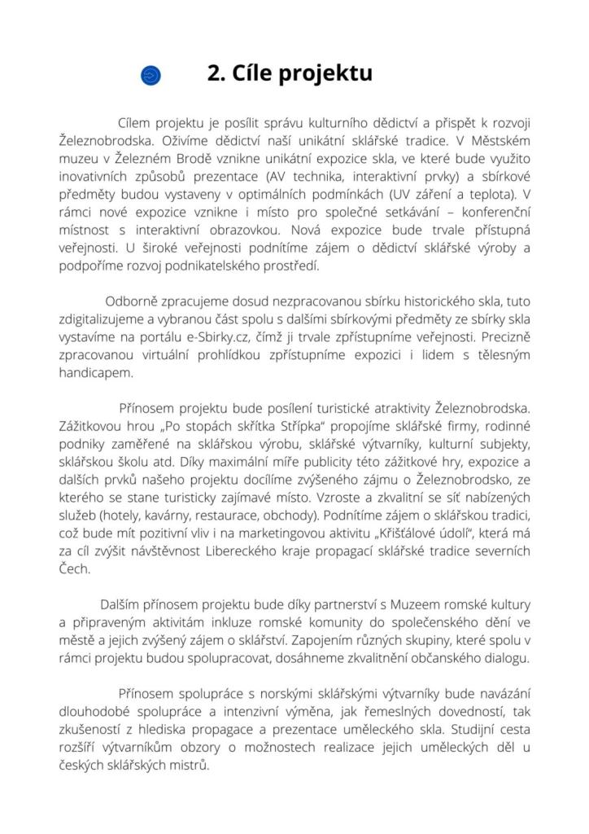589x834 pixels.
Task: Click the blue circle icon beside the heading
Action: (151, 76)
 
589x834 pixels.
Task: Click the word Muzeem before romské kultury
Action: (418, 604)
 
